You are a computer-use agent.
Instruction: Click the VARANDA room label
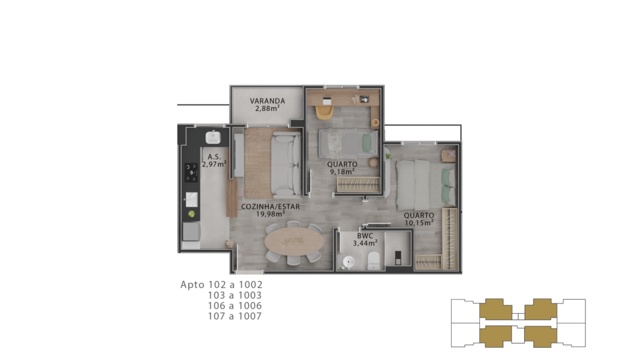click(x=267, y=101)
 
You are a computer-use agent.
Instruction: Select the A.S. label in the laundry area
click(x=214, y=157)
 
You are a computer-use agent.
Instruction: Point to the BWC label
click(x=365, y=236)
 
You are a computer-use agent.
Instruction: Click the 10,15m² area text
click(x=419, y=223)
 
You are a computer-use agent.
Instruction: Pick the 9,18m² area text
click(x=342, y=172)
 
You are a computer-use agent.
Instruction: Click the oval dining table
click(x=294, y=242)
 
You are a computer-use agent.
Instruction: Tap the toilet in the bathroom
click(x=373, y=261)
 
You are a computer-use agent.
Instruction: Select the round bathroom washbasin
click(x=348, y=262)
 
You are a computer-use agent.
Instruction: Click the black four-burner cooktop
click(x=191, y=172)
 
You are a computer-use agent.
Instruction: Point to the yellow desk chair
click(x=324, y=111)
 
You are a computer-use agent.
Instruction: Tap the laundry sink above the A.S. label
click(x=213, y=137)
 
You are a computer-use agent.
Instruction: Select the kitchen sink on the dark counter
click(x=192, y=199)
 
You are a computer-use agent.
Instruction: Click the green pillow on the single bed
click(x=367, y=143)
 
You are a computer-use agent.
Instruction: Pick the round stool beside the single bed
click(x=373, y=162)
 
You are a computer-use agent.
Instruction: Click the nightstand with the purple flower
click(x=449, y=155)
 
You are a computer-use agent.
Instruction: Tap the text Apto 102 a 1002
click(x=221, y=284)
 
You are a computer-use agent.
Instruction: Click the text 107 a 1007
click(x=234, y=316)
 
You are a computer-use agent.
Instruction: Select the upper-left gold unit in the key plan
click(x=495, y=309)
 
